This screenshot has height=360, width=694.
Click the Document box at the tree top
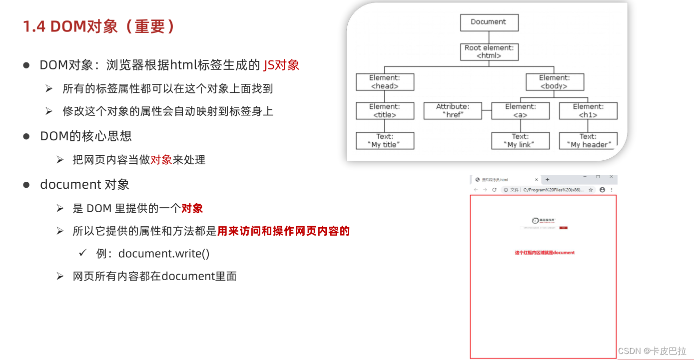(x=489, y=22)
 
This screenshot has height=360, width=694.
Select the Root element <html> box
(x=489, y=52)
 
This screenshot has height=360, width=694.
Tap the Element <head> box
(x=385, y=82)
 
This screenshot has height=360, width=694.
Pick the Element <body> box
(x=554, y=82)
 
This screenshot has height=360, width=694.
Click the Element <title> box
(x=385, y=111)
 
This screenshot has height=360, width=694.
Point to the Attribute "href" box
(x=453, y=111)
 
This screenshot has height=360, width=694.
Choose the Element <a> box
(x=520, y=111)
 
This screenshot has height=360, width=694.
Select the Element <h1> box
(x=588, y=111)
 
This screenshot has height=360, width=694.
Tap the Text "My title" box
(x=385, y=141)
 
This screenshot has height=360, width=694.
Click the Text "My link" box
(x=520, y=141)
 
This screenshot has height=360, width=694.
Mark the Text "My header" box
(x=588, y=141)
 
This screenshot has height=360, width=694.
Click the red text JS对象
(x=281, y=65)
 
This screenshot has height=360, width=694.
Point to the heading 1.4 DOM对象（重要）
(x=99, y=26)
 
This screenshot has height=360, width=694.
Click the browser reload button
(x=494, y=190)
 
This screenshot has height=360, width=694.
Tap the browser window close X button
(x=611, y=177)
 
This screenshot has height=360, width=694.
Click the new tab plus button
(x=547, y=179)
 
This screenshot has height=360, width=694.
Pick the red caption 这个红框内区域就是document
(x=545, y=253)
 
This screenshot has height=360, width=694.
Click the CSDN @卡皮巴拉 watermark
(x=652, y=351)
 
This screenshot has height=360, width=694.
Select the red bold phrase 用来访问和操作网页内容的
(x=283, y=231)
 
